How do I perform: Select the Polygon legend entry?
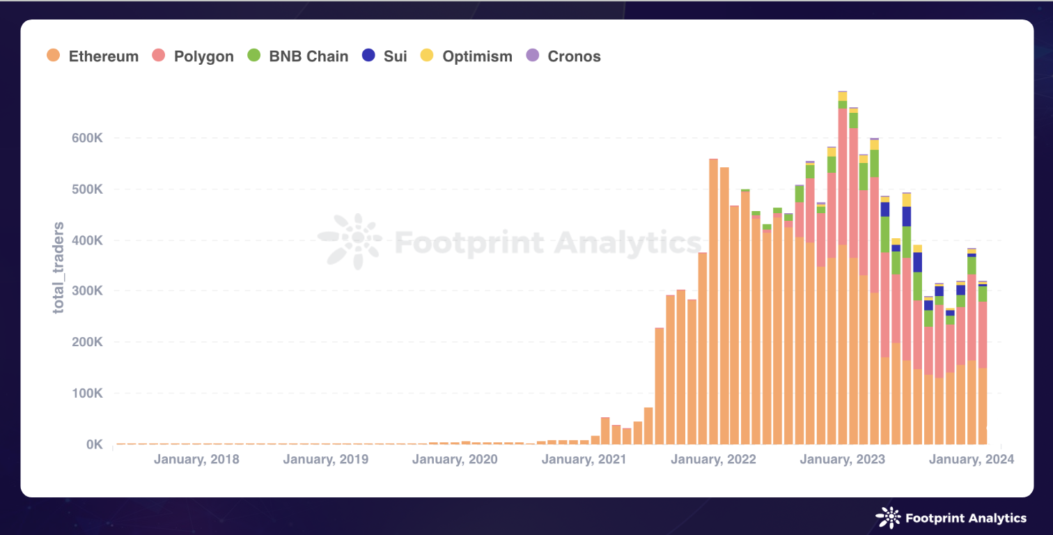pos(193,56)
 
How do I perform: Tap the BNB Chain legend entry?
pos(297,56)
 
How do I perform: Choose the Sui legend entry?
pos(385,56)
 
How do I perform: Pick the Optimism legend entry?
pos(467,56)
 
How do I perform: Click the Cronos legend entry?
pos(563,56)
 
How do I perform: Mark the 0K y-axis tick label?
pos(93,444)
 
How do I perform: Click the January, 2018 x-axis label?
pos(196,460)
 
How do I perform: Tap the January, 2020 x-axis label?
pos(455,460)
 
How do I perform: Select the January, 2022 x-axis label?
pos(713,460)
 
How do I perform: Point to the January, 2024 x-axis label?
pos(971,460)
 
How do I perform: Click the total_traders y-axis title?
pos(59,267)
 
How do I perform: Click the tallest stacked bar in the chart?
pos(843,279)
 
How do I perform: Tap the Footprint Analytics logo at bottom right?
pos(951,518)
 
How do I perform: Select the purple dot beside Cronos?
pos(532,56)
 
